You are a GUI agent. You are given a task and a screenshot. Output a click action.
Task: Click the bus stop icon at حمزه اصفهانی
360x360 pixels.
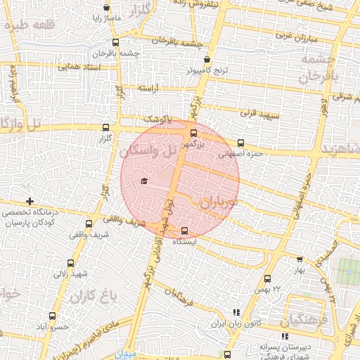tap(241, 142)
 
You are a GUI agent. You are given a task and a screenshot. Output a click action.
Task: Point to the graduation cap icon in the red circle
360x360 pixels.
tap(144, 181)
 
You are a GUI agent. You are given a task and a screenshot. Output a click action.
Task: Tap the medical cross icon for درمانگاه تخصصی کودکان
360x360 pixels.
tap(29, 202)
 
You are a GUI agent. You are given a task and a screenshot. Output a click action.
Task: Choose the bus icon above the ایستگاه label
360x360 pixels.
tap(185, 231)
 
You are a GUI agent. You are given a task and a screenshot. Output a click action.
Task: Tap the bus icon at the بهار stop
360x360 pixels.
tap(300, 259)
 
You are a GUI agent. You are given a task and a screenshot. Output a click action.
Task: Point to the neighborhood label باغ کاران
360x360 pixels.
tap(91, 297)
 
